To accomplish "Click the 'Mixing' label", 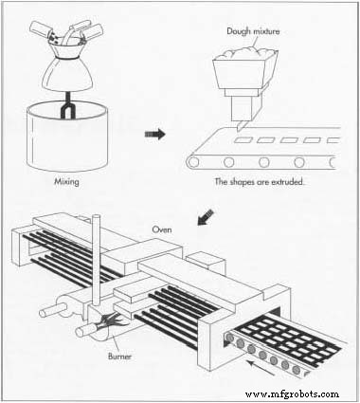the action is click(66, 182).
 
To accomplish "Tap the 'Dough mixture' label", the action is click(253, 31).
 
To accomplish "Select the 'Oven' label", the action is click(162, 229).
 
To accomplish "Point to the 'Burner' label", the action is click(119, 357).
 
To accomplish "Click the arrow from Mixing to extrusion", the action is click(154, 134).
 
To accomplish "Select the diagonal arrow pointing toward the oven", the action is click(206, 217).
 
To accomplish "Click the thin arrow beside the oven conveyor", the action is click(261, 368).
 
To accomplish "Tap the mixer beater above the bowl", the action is click(67, 106).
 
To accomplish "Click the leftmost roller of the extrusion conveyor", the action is click(192, 162).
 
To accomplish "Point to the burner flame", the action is click(110, 321).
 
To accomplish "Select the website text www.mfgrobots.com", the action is click(292, 394).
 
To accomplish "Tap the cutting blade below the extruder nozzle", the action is click(240, 126).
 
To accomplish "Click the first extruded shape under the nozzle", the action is click(243, 139).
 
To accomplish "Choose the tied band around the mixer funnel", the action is click(67, 59).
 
